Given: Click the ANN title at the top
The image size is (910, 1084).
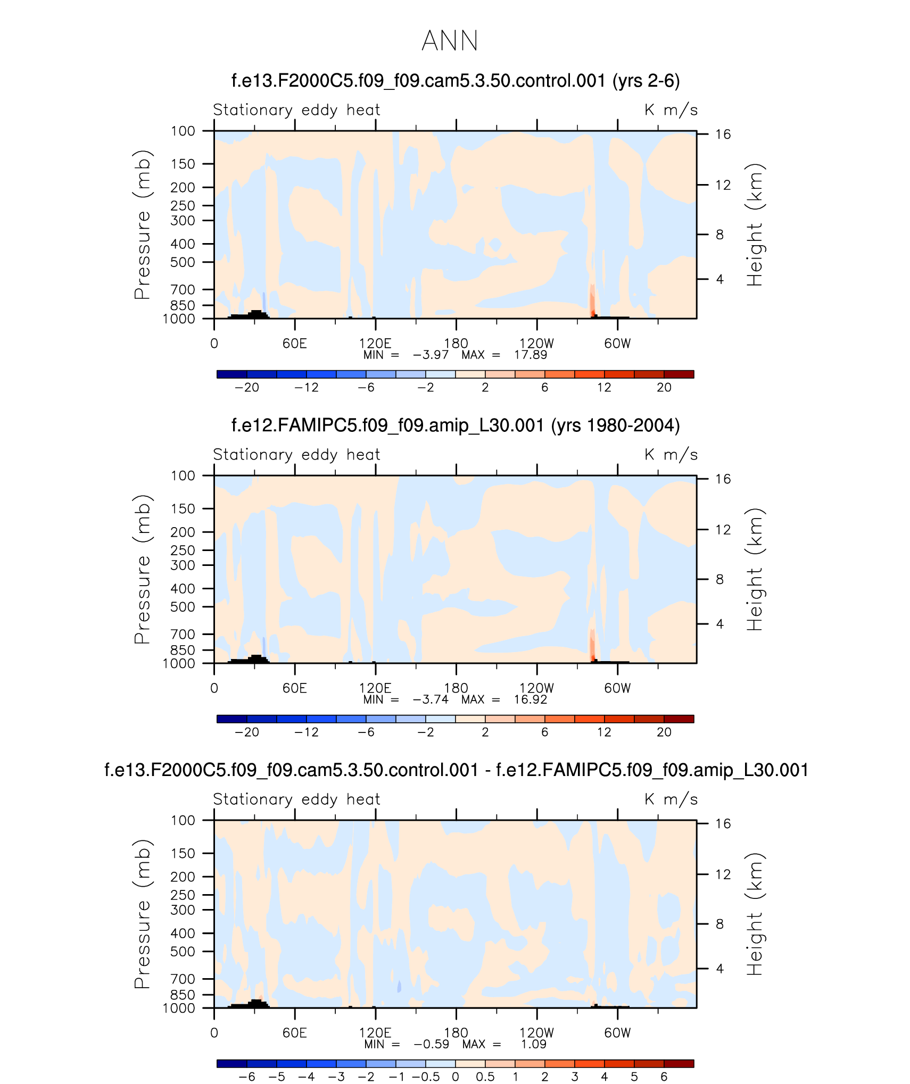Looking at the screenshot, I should click(450, 41).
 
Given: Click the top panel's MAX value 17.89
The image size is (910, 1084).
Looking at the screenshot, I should click(530, 355).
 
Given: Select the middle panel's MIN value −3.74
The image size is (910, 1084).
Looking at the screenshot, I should click(431, 699).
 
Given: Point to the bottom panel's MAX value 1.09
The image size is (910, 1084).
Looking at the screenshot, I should click(533, 1044).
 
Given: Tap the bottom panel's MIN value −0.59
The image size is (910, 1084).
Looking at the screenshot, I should click(432, 1044).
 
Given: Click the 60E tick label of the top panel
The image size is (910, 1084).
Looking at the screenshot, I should click(295, 344).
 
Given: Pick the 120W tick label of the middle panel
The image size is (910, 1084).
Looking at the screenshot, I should click(536, 688).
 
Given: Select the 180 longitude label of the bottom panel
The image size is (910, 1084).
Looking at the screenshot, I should click(456, 1032).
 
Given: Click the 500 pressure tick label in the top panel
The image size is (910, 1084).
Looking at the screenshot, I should click(183, 262).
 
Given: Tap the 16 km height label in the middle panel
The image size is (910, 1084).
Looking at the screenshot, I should click(723, 479).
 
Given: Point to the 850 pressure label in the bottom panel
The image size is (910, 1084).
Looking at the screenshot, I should click(183, 995).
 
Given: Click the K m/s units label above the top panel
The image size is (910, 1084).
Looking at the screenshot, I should click(671, 110).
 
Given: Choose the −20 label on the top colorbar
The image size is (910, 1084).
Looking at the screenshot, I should click(246, 388).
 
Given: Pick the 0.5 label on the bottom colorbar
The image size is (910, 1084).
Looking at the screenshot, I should click(485, 1077).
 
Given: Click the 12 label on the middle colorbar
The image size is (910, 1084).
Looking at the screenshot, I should click(604, 732).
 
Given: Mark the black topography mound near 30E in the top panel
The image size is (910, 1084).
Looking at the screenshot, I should click(255, 314).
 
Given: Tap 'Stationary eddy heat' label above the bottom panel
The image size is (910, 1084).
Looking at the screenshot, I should click(296, 799).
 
